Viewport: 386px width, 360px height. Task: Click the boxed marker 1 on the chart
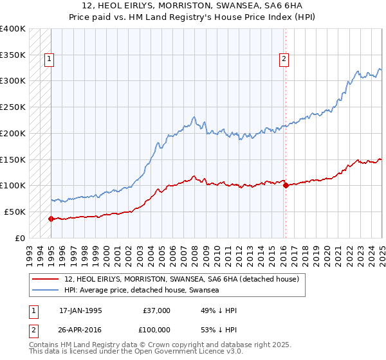pos(50,59)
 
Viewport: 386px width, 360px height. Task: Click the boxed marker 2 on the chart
pos(284,59)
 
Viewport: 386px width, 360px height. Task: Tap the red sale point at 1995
pos(50,219)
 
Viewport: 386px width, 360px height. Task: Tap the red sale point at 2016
pos(285,185)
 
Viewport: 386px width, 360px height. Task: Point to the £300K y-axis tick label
pos(13,81)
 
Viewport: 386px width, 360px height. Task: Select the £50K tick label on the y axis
pos(15,212)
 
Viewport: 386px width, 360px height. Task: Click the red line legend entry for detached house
pos(181,280)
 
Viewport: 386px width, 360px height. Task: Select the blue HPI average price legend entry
pos(142,291)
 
